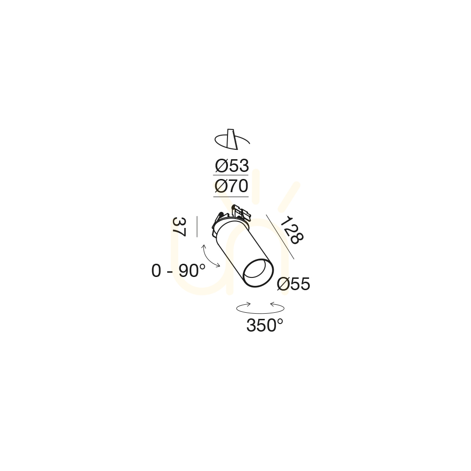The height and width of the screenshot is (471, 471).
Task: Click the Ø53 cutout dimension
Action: tap(232, 166)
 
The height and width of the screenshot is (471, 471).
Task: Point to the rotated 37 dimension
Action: tap(179, 227)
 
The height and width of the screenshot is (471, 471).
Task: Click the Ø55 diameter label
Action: tap(293, 284)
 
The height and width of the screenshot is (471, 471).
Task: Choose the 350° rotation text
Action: tap(265, 325)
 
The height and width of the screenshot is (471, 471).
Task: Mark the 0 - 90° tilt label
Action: tap(179, 271)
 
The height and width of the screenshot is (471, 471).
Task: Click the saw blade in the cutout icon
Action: tap(232, 139)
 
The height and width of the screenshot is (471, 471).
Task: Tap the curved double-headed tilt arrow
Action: tap(210, 257)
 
